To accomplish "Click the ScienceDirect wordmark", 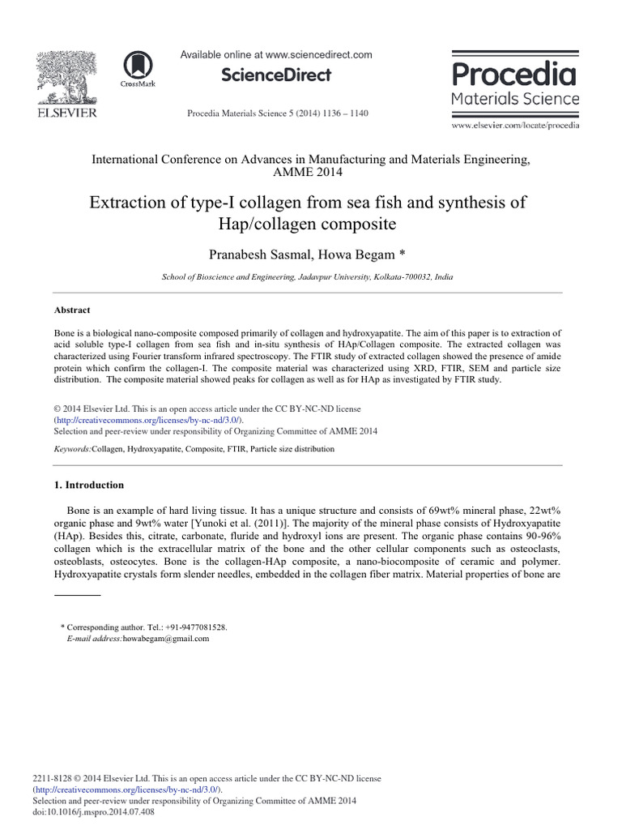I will (276, 75).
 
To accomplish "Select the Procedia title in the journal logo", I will (514, 75).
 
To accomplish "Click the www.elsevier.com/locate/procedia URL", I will (515, 126).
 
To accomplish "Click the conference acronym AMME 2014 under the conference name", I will (311, 173).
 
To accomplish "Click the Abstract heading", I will (72, 310).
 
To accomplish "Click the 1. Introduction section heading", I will (89, 485).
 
